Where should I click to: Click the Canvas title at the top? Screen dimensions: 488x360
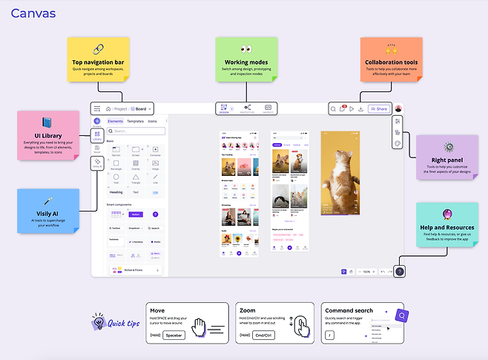(x=33, y=13)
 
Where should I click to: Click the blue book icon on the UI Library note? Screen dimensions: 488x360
(x=48, y=123)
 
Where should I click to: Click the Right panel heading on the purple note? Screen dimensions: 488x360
(x=447, y=160)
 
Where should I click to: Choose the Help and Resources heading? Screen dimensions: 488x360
(x=447, y=228)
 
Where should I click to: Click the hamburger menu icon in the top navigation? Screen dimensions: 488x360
(x=96, y=108)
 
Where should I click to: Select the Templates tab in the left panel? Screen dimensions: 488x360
(x=135, y=120)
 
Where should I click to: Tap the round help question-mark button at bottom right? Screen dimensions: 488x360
(x=400, y=272)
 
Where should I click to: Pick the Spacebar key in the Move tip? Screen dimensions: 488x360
(x=174, y=335)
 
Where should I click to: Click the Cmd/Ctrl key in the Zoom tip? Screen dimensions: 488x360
(x=263, y=335)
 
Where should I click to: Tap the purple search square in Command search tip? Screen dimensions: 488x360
(x=401, y=315)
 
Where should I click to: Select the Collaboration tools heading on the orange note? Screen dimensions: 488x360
(x=391, y=63)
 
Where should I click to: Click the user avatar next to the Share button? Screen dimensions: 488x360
(x=398, y=108)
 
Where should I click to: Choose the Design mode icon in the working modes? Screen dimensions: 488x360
(x=224, y=108)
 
